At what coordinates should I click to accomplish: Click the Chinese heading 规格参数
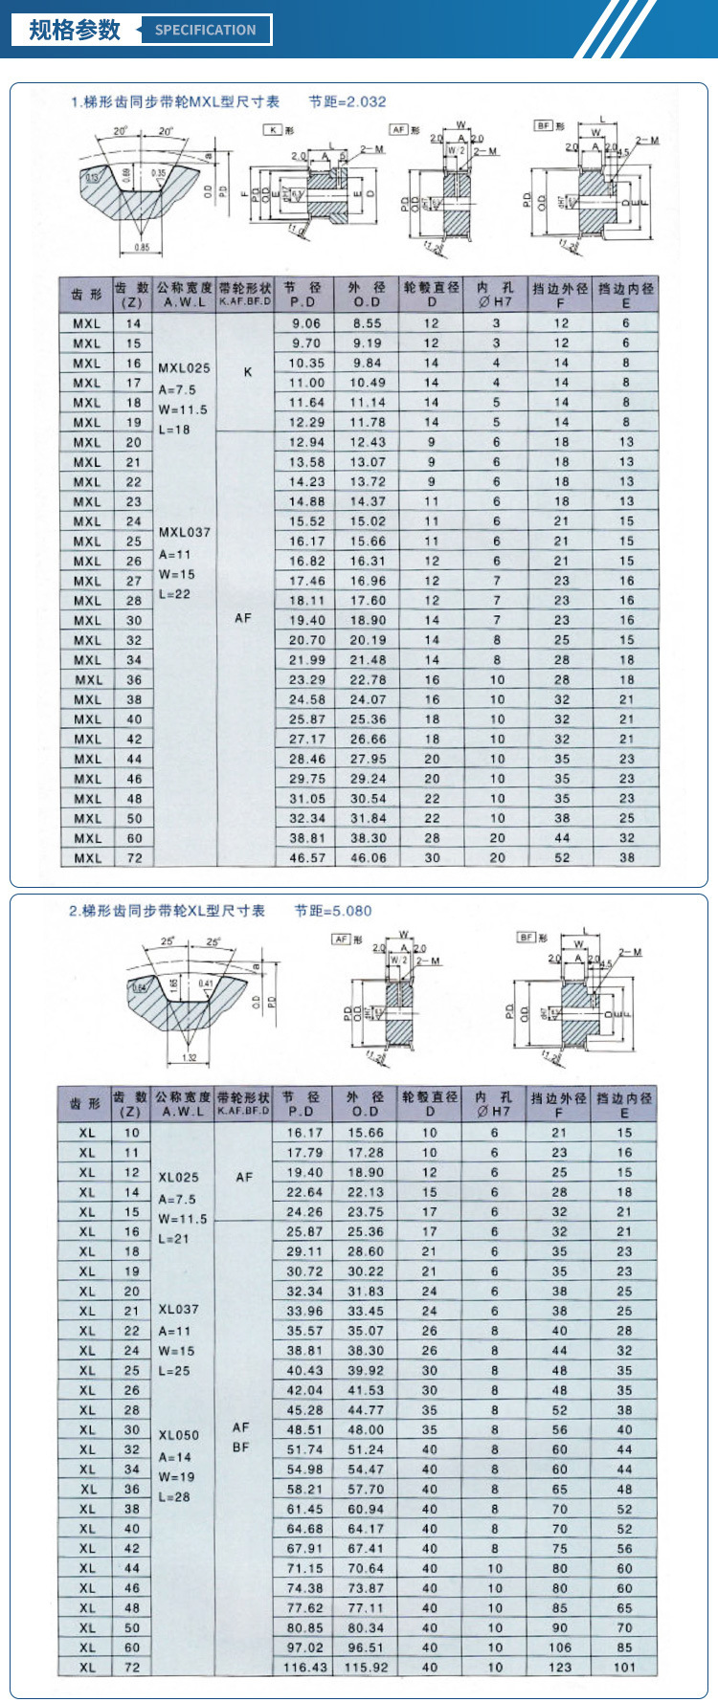(75, 30)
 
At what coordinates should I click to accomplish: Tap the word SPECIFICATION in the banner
(206, 30)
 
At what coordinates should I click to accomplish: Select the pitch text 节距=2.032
(348, 101)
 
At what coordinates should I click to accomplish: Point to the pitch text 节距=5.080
(333, 911)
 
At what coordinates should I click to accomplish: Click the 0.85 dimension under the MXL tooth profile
(141, 248)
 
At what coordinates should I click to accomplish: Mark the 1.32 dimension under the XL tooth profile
(189, 1057)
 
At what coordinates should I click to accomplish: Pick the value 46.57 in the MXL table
(307, 858)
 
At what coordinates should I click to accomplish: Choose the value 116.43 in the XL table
(305, 1668)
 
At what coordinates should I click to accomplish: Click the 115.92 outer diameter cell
(367, 1668)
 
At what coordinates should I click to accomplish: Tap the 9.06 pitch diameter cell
(307, 323)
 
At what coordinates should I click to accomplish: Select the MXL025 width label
(184, 367)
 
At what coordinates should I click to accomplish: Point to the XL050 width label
(179, 1435)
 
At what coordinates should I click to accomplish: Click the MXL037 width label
(184, 532)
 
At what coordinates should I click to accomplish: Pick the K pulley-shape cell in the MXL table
(247, 371)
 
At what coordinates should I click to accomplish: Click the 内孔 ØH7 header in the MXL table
(496, 294)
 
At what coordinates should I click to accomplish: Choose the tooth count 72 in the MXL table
(134, 858)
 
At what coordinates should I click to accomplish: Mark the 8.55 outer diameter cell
(368, 323)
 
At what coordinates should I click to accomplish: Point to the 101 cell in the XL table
(624, 1668)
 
